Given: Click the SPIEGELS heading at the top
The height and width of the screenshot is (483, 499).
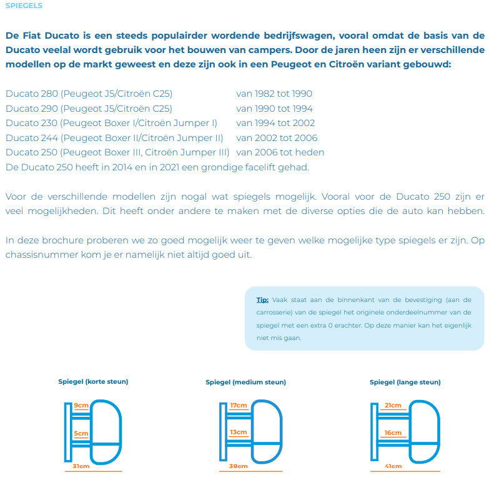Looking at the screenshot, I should (24, 6).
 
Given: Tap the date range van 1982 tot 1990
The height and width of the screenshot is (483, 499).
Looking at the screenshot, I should (274, 94).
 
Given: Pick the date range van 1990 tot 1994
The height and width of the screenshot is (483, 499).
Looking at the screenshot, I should (274, 109).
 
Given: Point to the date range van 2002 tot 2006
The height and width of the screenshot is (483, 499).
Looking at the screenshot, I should (277, 138).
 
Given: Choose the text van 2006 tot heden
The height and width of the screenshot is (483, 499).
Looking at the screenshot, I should (280, 152).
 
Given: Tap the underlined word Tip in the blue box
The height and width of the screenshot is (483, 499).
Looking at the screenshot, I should (262, 300).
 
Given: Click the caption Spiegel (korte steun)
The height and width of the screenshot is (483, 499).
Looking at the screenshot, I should (89, 381).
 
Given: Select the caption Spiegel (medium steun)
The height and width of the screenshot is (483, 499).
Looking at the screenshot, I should (245, 383).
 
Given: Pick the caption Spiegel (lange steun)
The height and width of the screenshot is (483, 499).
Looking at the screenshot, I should (405, 382).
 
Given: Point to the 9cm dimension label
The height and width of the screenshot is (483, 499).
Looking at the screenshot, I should (81, 406).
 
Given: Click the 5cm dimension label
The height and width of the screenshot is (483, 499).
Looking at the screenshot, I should (81, 433).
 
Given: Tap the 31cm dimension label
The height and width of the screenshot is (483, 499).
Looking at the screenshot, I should (81, 466).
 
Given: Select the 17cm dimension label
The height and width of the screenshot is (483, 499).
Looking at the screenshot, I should (238, 406).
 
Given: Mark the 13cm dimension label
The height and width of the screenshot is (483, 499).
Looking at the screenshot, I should (238, 432).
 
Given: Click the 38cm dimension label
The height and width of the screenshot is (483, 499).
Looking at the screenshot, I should (238, 466).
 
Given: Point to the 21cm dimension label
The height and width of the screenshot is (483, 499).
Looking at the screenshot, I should (393, 406).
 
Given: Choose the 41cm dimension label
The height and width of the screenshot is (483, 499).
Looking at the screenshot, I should (393, 466).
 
